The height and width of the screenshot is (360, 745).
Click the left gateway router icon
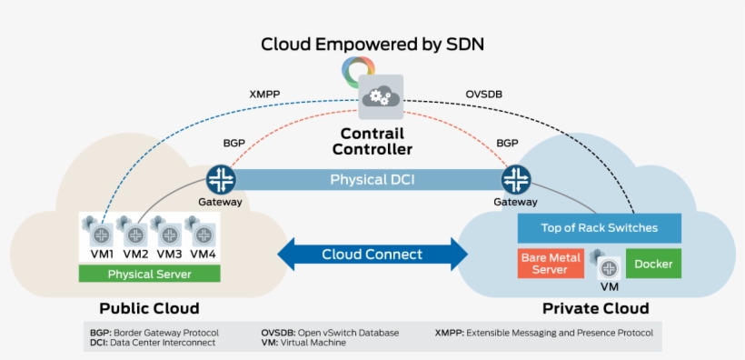221,179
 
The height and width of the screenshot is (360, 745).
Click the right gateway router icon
516,179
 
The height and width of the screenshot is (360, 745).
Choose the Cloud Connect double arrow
372,255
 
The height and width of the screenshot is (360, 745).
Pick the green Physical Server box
150,274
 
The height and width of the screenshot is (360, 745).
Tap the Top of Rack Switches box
600,227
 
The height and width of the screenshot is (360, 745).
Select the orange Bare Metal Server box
551,264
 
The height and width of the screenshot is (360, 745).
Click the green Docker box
653,264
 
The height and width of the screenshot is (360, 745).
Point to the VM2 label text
135,254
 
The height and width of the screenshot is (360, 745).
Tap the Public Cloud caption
149,308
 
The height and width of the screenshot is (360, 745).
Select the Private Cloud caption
595,308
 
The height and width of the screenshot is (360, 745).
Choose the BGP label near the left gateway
234,143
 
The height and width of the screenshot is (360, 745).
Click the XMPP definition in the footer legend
543,333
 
